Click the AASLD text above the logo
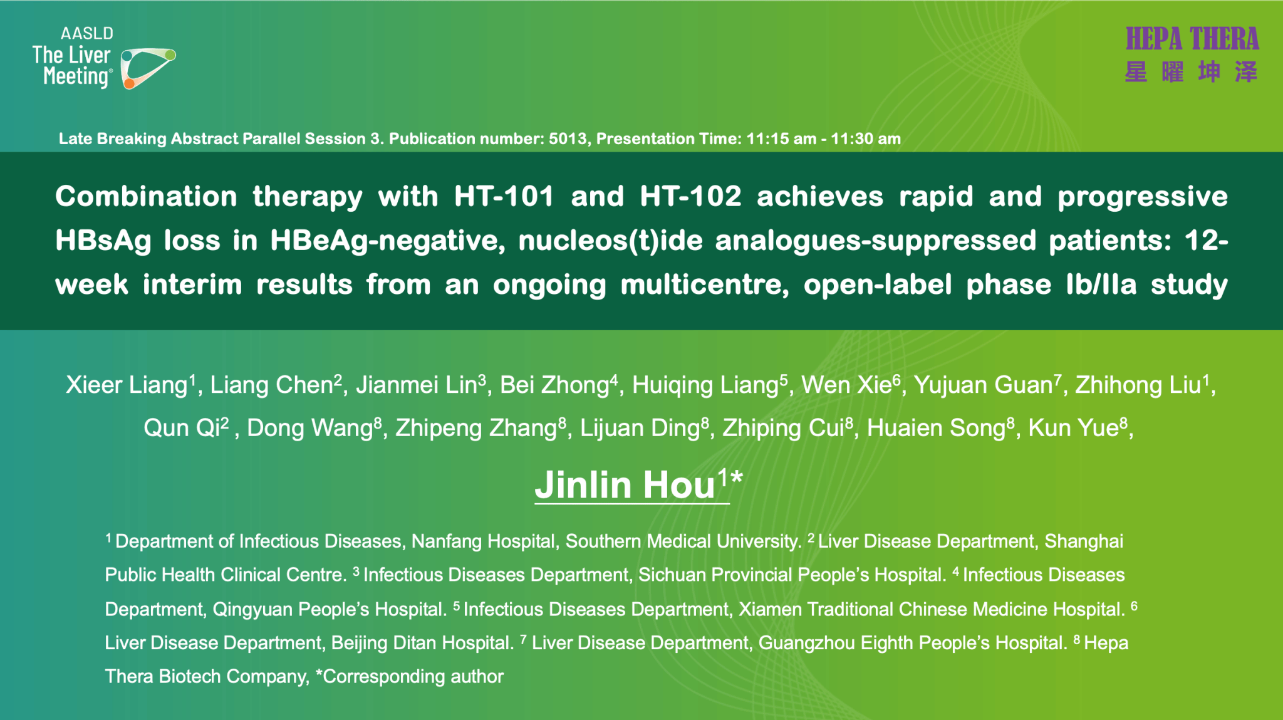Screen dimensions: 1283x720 [x=87, y=33]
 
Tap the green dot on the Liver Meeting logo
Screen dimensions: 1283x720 [x=170, y=55]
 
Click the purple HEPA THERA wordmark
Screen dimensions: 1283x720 [x=1192, y=39]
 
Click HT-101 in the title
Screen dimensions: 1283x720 [x=504, y=196]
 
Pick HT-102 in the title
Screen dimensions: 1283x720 [x=690, y=196]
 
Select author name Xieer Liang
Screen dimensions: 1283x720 [x=127, y=385]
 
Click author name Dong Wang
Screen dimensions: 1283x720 [x=311, y=428]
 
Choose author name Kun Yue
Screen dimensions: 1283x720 [x=1074, y=428]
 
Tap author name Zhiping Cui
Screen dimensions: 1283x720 [x=783, y=428]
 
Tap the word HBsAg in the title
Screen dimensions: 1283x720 [x=103, y=241]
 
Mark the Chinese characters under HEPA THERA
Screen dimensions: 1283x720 [x=1192, y=72]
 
